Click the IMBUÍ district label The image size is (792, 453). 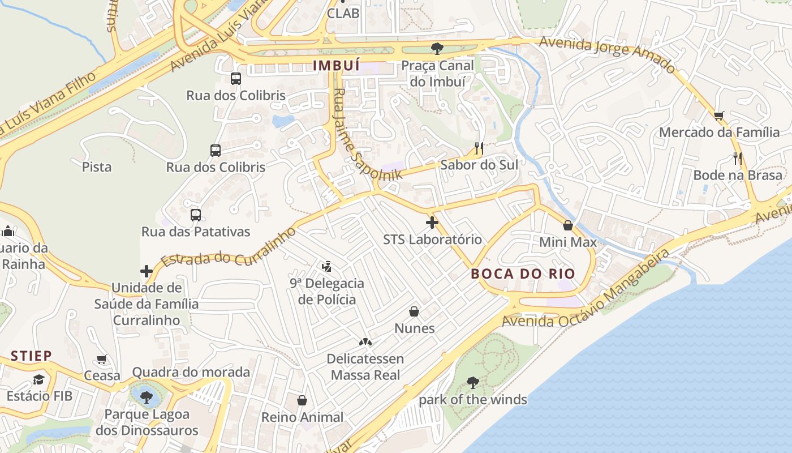click(x=337, y=66)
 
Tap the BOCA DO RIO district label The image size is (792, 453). click(x=523, y=274)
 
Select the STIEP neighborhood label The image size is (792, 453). click(x=32, y=356)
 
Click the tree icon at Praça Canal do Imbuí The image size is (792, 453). click(x=437, y=49)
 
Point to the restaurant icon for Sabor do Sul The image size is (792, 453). click(x=479, y=148)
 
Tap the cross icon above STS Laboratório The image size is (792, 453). click(x=432, y=223)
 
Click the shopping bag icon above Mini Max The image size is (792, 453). click(x=568, y=225)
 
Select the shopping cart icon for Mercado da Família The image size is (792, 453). click(x=719, y=116)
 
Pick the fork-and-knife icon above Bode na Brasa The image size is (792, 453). click(x=738, y=158)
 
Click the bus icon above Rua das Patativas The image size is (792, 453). click(x=196, y=215)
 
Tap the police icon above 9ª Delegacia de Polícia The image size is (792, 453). click(x=326, y=266)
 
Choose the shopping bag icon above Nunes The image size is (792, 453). click(x=414, y=311)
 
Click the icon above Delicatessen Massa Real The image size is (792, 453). click(x=365, y=342)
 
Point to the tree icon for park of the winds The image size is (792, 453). click(x=472, y=383)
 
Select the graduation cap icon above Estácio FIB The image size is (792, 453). click(x=38, y=379)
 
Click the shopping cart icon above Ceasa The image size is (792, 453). click(x=102, y=359)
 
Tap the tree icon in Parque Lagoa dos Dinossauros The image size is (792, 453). click(x=147, y=396)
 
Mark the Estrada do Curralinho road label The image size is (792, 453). click(x=229, y=247)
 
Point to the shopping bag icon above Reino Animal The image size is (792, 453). click(x=302, y=400)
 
